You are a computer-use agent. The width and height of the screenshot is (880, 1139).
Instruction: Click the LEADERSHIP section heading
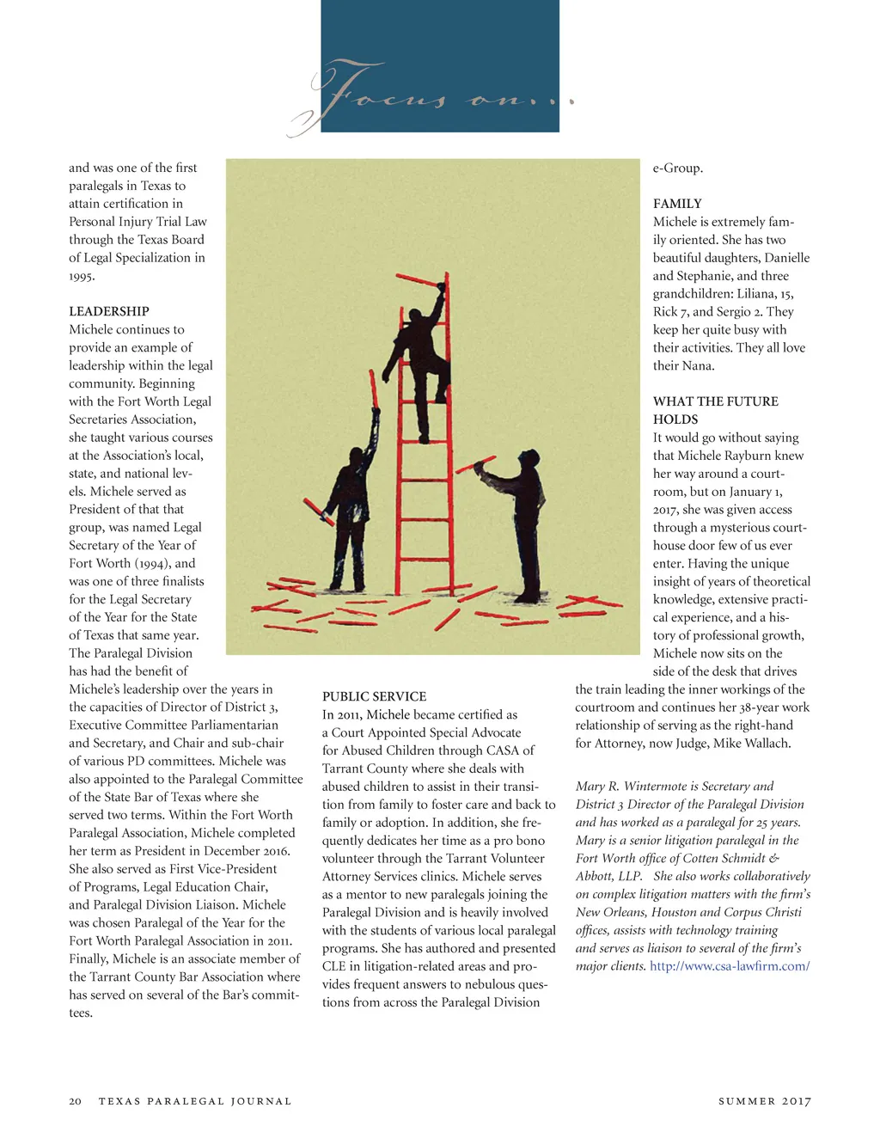click(x=109, y=311)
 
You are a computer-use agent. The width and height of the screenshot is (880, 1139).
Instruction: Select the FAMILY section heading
click(x=677, y=204)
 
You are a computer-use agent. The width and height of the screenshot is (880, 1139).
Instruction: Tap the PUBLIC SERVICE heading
click(x=374, y=696)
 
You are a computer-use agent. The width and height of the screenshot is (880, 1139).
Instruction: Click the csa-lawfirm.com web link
click(x=730, y=966)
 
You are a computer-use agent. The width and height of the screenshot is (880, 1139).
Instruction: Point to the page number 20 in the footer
click(x=76, y=1101)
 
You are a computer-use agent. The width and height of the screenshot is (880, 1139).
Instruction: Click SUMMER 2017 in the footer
click(x=764, y=1101)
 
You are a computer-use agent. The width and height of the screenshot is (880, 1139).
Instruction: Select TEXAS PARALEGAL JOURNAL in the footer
click(x=195, y=1101)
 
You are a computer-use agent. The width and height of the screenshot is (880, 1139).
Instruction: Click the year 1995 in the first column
click(x=82, y=276)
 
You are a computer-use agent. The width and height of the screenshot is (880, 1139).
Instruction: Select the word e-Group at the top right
click(x=677, y=168)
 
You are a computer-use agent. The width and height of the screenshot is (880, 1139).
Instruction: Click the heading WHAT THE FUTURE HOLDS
click(x=715, y=410)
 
